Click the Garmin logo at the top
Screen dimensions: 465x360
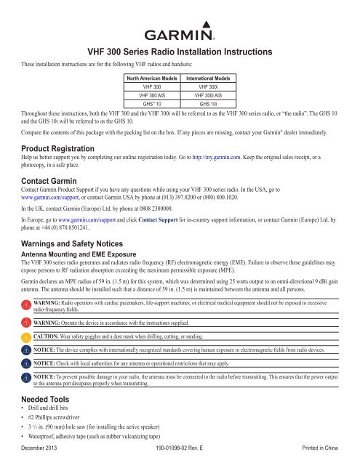coord(180,34)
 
